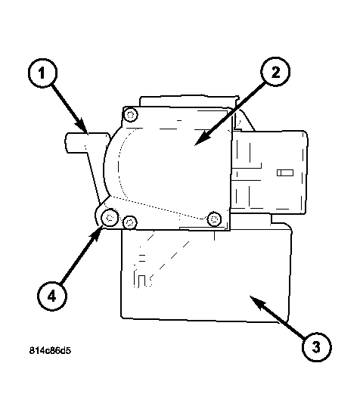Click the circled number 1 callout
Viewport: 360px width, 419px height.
(x=42, y=73)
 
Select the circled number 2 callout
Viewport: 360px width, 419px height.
(x=275, y=72)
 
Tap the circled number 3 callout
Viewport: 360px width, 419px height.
(x=316, y=347)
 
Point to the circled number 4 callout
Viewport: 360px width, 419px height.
(x=52, y=296)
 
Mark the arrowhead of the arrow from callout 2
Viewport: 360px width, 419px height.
(x=201, y=139)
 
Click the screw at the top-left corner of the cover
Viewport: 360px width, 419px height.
(x=131, y=115)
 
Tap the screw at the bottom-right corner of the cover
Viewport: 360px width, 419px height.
(x=214, y=219)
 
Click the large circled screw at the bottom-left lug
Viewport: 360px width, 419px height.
(x=110, y=218)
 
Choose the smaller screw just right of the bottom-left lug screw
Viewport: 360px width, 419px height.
(x=130, y=222)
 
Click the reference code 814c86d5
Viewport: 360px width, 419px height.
(x=50, y=350)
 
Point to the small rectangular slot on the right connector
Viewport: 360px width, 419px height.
(x=285, y=172)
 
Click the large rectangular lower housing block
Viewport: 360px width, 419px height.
(x=206, y=275)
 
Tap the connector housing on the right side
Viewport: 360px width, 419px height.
(x=269, y=172)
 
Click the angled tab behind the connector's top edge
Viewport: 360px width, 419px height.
(x=244, y=121)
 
